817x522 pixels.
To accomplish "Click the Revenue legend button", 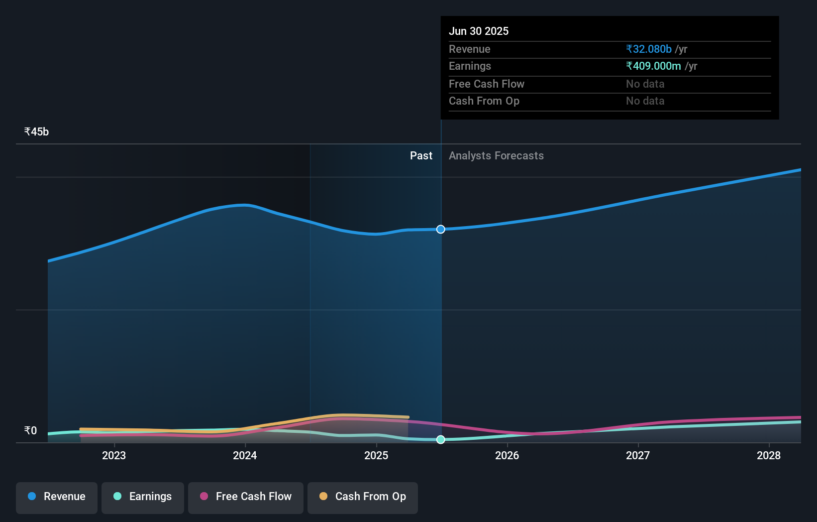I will [57, 497].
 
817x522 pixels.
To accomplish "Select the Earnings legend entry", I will [143, 497].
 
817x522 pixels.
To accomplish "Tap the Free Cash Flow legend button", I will [246, 497].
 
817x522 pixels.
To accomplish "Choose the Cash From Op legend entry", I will [363, 497].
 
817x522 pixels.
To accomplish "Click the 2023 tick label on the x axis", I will [114, 455].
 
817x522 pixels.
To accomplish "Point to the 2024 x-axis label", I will [245, 455].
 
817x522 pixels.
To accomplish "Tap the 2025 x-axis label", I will [376, 455].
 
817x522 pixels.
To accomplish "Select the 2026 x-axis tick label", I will [507, 455].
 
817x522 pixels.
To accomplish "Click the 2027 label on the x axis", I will [638, 455].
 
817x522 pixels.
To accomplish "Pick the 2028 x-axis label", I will [769, 455].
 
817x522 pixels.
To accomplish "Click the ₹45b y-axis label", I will [36, 132].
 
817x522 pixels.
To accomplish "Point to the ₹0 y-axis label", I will [30, 431].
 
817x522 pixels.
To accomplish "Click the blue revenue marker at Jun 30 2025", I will [441, 229].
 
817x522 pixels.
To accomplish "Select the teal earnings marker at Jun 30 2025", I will [441, 439].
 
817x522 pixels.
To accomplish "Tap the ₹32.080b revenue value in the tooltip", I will [649, 49].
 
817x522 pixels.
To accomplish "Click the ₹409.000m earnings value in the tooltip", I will [653, 66].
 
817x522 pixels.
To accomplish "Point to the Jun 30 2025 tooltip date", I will [479, 31].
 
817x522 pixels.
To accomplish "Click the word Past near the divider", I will [421, 156].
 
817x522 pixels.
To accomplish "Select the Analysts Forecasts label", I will [496, 156].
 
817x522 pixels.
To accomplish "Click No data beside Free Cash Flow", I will [645, 84].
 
